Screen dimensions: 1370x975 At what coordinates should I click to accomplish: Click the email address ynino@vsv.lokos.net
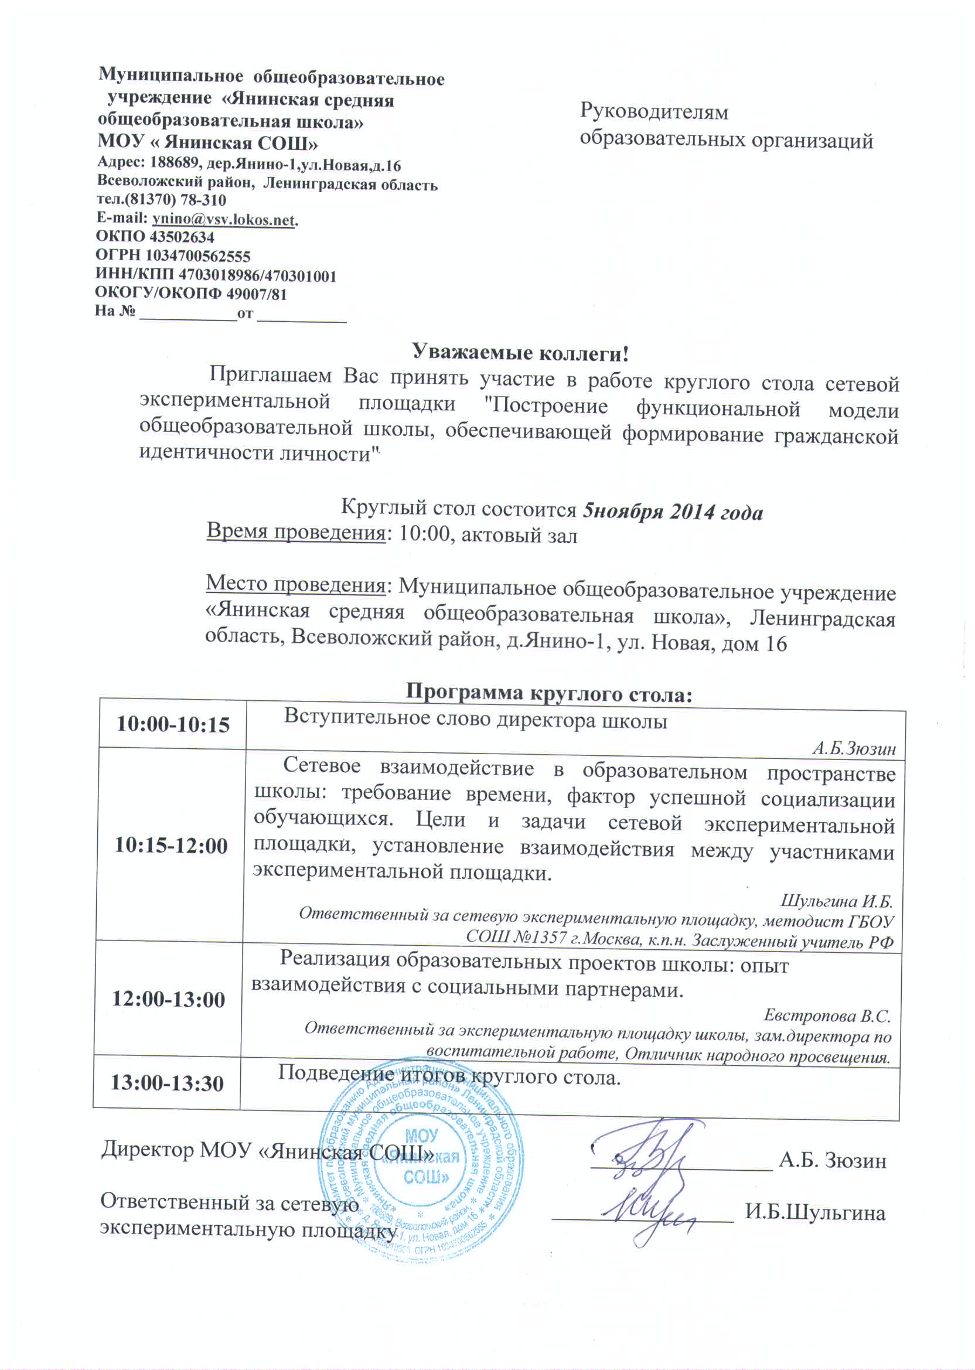pos(224,219)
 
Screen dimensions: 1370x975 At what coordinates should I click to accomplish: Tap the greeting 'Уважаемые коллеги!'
pos(520,352)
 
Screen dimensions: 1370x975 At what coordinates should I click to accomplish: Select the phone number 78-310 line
pos(162,200)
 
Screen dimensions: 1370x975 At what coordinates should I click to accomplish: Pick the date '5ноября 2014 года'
pos(673,512)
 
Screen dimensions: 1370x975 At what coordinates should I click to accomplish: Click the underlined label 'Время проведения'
pos(295,532)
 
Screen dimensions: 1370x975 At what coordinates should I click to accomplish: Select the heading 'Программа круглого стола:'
pos(550,693)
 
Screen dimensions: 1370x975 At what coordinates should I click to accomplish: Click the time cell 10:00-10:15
pos(173,725)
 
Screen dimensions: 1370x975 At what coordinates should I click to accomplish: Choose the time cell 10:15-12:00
pos(171,846)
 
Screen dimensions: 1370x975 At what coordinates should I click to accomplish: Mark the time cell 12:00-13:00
pos(169,1000)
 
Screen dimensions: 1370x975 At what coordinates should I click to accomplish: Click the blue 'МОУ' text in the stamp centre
pos(422,1136)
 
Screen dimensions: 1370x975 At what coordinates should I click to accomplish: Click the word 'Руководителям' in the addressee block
pos(654,112)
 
